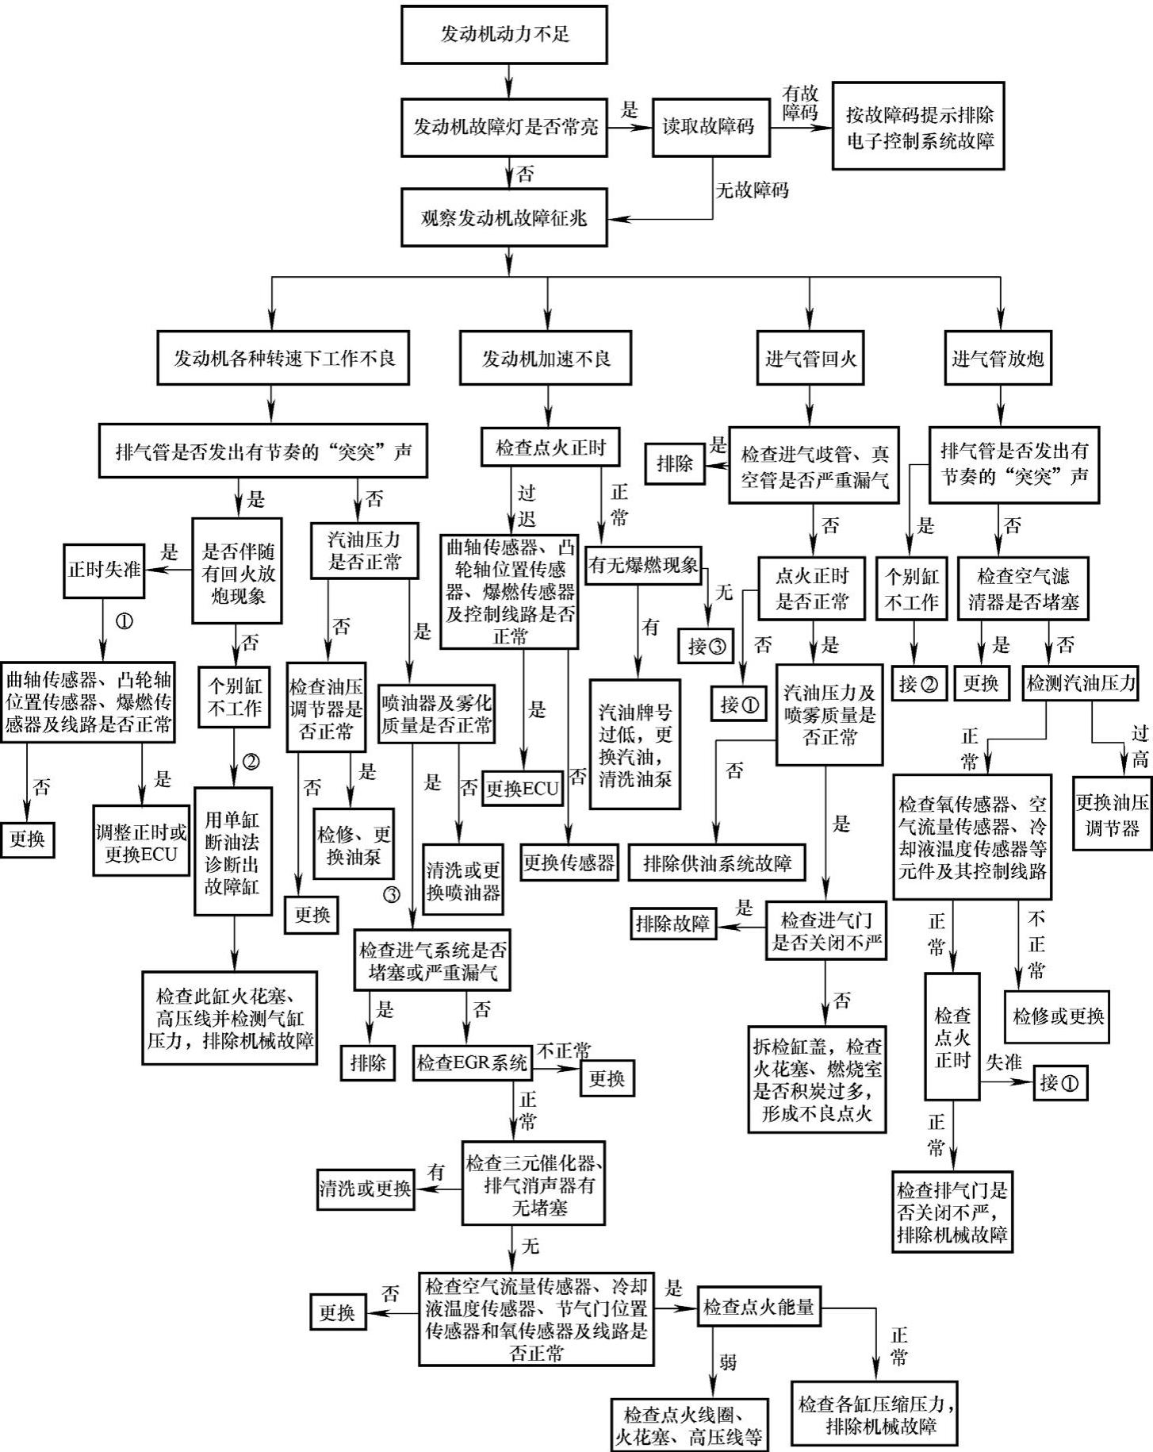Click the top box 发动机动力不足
point(504,35)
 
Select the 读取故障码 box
point(708,127)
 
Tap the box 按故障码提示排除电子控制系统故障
point(918,127)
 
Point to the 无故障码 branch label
point(753,190)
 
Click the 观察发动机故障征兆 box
point(504,217)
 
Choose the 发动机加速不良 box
point(546,359)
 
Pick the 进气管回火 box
point(810,359)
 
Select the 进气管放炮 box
point(998,359)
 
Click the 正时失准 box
point(104,570)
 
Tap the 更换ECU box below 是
point(523,789)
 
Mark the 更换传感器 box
point(569,863)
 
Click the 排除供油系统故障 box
point(717,863)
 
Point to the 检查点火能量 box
point(759,1308)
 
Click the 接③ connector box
point(707,646)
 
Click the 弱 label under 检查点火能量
point(728,1362)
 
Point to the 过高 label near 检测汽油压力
point(1140,747)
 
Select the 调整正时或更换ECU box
point(141,843)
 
